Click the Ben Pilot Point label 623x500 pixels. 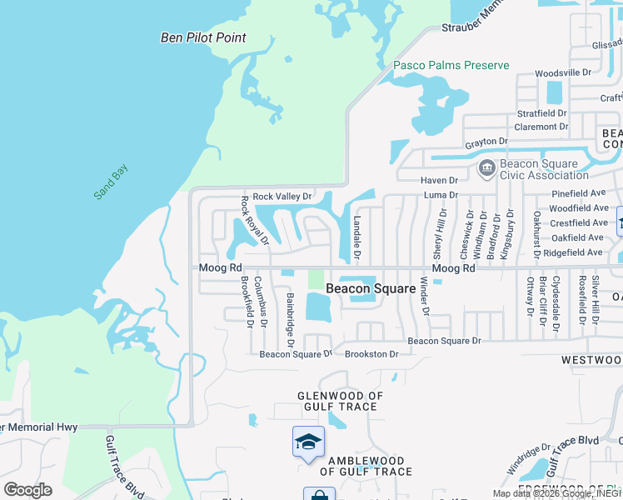[x=203, y=37]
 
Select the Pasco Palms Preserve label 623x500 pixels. [x=451, y=65]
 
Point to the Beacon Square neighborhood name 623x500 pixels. [x=371, y=288]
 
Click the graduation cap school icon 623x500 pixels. [x=308, y=442]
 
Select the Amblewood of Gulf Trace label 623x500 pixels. [x=366, y=466]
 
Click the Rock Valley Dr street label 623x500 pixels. [x=282, y=197]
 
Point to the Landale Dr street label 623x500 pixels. [x=356, y=236]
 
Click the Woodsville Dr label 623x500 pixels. [x=562, y=73]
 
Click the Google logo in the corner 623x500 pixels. [x=27, y=490]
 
